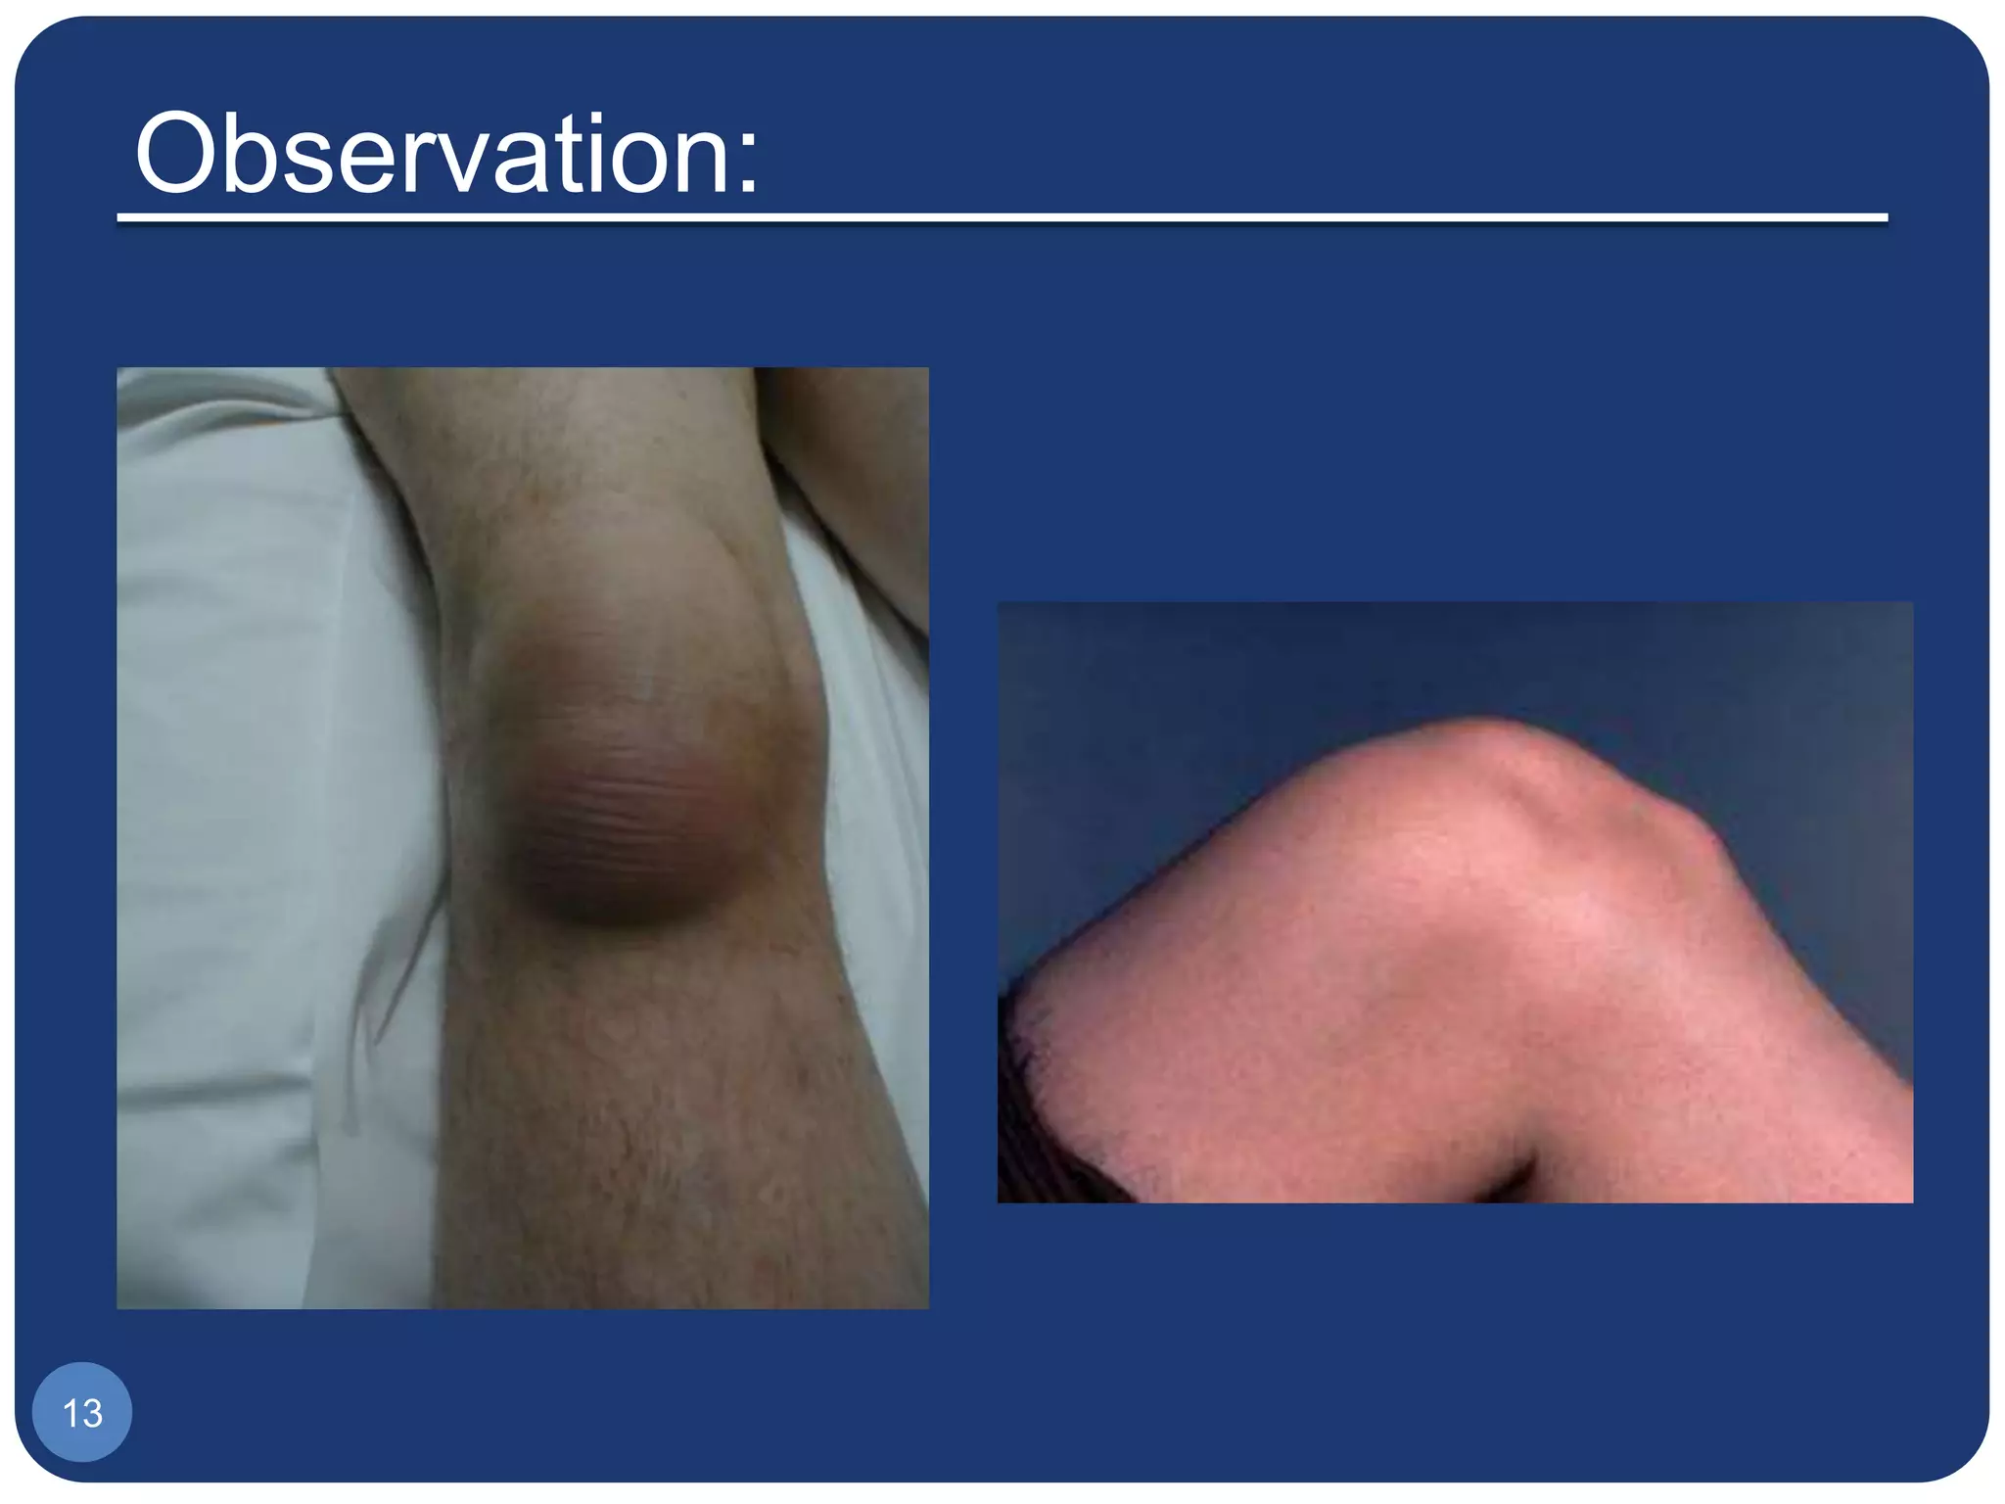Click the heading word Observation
coord(445,154)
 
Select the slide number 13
coord(82,1413)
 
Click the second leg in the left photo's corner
coord(862,470)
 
